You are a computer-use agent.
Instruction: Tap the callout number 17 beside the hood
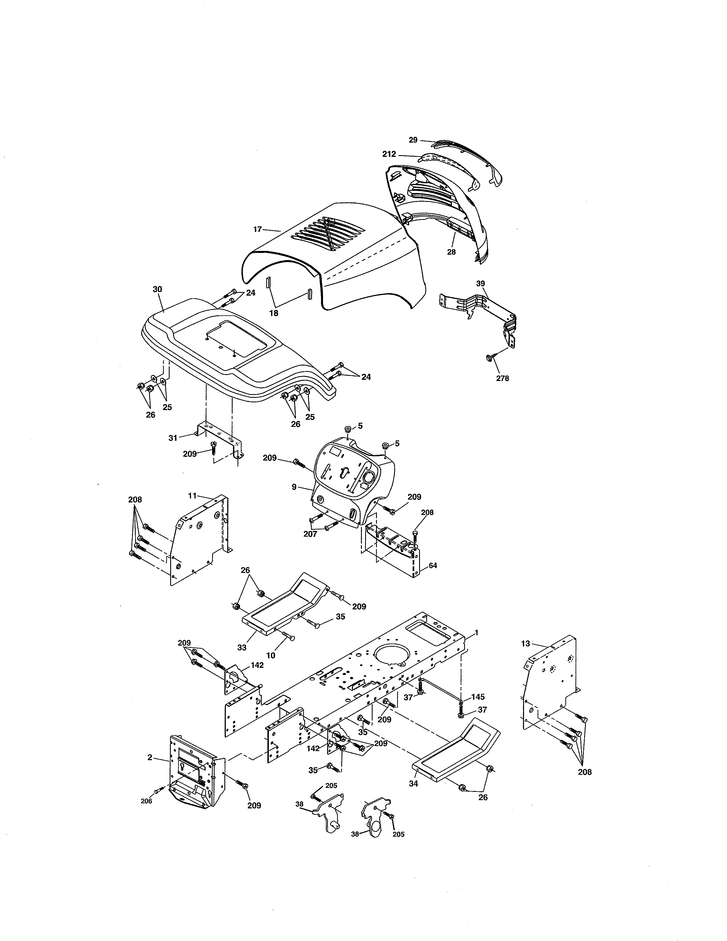click(x=257, y=229)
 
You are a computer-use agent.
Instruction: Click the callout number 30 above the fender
click(x=158, y=289)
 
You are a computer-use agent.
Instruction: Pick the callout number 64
click(x=433, y=565)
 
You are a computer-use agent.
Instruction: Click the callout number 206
click(x=147, y=801)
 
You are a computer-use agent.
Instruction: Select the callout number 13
click(x=525, y=644)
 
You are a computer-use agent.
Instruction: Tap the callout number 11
click(x=192, y=496)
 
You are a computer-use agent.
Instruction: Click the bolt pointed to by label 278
click(x=490, y=358)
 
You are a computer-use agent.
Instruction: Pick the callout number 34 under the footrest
click(x=413, y=784)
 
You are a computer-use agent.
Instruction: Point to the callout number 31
click(x=173, y=438)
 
